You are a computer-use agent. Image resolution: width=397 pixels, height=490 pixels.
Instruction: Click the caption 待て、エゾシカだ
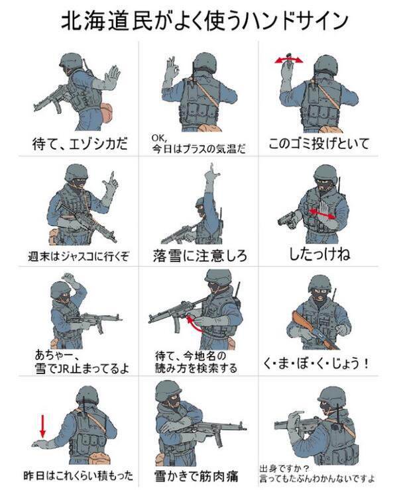point(80,144)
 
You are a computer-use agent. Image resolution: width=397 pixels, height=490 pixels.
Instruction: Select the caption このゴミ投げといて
point(319,144)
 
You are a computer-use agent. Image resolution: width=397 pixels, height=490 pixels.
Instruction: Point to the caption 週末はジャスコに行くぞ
point(78,256)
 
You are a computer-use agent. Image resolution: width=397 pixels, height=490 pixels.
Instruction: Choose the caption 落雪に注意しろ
point(200,256)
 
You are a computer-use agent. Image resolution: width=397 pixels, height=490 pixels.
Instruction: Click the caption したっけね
point(319,254)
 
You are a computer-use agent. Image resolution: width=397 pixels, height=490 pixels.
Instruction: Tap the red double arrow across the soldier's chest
point(322,214)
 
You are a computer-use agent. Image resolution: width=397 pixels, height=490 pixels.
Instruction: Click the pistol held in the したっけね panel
point(287,219)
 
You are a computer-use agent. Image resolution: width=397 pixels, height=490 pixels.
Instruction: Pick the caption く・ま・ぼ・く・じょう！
point(316,364)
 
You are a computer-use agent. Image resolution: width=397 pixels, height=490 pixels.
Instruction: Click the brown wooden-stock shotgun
point(313,330)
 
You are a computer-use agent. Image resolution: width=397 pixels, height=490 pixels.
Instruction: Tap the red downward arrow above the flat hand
point(43,425)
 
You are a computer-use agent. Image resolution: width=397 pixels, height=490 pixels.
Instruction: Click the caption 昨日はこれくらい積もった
point(78,476)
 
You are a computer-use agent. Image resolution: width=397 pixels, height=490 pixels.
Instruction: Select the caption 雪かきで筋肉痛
point(196,476)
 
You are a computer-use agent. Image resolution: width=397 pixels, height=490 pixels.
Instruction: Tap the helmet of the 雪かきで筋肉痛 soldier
point(168,389)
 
